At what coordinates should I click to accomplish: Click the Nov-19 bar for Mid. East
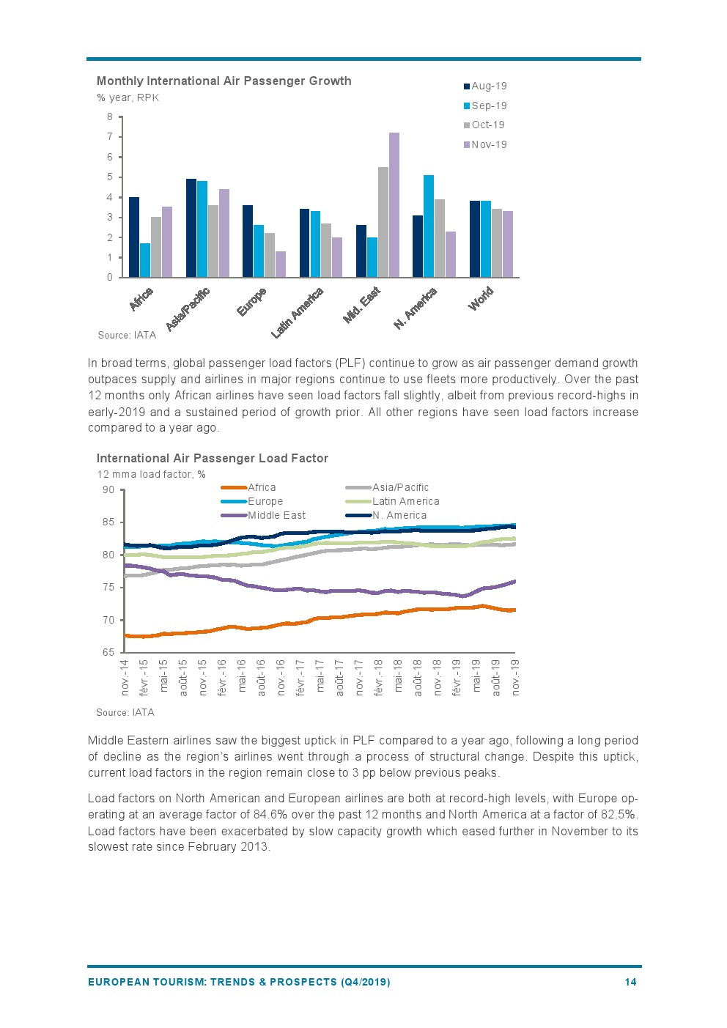coord(394,205)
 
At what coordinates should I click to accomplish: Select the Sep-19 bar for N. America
coord(429,226)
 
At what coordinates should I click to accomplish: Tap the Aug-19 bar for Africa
coord(134,237)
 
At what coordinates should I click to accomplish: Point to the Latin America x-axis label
coord(298,313)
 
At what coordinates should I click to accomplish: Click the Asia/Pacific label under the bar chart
coord(188,308)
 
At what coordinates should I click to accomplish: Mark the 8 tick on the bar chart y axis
coord(110,117)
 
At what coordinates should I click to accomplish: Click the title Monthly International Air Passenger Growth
coord(224,81)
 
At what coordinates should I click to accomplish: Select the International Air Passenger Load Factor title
coord(212,458)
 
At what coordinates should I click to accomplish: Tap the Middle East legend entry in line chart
coord(276,515)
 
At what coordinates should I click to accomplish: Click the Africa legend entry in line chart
coord(262,487)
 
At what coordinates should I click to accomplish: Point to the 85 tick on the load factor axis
coord(108,522)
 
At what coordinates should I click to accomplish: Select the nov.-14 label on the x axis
coord(125,677)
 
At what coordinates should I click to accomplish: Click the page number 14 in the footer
coord(630,982)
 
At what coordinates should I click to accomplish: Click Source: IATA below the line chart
coord(125,712)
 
